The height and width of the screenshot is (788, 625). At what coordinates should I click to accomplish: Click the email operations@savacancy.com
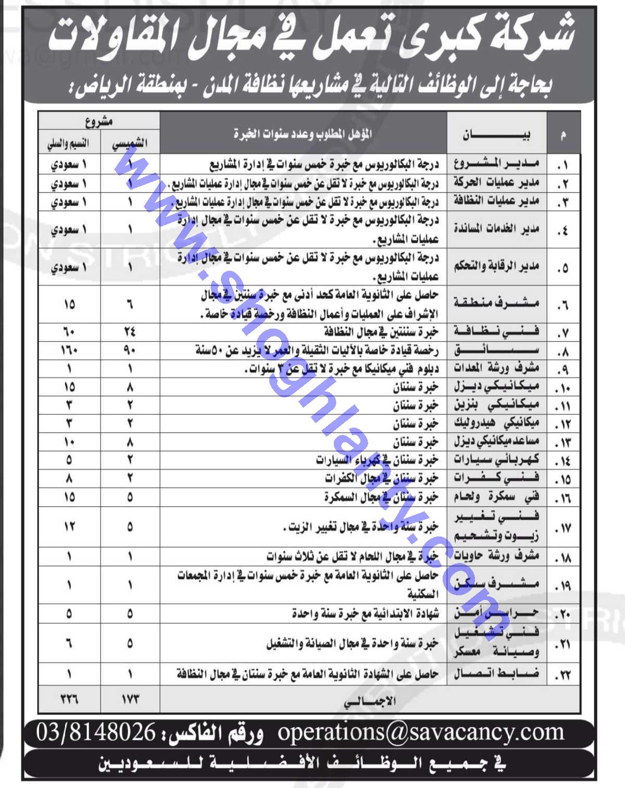click(x=420, y=732)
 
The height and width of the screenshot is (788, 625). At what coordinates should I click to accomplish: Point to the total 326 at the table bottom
click(x=69, y=698)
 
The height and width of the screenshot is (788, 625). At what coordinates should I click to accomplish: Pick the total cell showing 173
click(x=130, y=698)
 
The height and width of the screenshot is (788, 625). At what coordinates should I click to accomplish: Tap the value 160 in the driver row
click(x=69, y=350)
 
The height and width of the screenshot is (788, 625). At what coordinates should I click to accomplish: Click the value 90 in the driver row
click(x=130, y=350)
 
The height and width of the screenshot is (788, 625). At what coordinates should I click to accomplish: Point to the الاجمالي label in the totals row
click(x=370, y=701)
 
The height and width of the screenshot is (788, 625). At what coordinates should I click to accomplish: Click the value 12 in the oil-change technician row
click(x=69, y=527)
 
